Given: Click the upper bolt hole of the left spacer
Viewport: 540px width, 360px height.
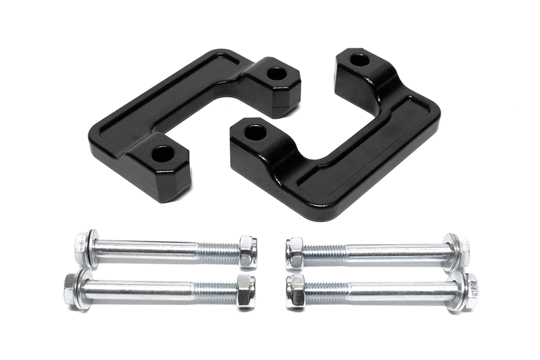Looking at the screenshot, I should tap(276, 73).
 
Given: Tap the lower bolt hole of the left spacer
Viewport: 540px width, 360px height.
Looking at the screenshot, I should tap(163, 154).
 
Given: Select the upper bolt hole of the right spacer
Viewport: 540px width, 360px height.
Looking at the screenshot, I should tap(360, 59).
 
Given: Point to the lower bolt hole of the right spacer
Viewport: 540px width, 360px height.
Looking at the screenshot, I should tap(255, 132).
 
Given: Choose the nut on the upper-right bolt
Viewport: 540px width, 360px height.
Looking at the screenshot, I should tap(295, 252).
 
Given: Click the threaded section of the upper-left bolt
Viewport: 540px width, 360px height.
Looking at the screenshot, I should tap(219, 250).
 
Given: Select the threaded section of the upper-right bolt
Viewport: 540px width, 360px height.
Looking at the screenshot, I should tap(325, 251).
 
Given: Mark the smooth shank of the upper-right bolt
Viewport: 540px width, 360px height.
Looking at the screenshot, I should tap(394, 251).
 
